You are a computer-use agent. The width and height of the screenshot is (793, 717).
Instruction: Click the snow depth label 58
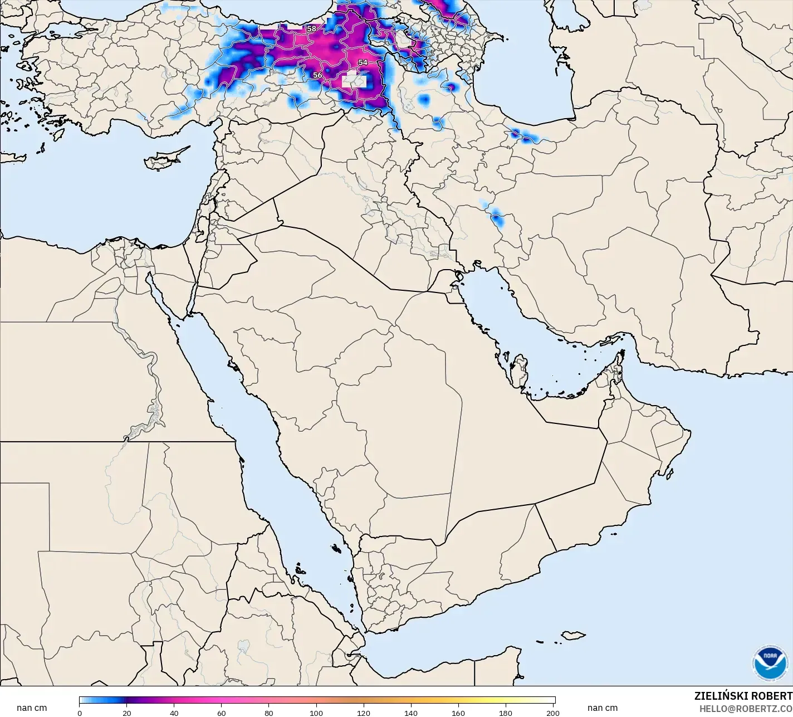[x=311, y=29]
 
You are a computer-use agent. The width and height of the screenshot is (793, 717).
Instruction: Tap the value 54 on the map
[x=363, y=62]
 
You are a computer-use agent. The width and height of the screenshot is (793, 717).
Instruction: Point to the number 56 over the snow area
[x=317, y=75]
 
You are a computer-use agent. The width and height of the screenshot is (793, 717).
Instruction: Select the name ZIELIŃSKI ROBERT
[x=743, y=696]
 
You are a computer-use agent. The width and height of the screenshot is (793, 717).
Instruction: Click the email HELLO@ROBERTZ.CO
[x=746, y=708]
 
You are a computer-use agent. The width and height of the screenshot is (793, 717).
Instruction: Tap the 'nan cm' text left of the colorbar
[x=32, y=708]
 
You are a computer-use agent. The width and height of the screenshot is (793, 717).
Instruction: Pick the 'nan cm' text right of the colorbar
[x=602, y=708]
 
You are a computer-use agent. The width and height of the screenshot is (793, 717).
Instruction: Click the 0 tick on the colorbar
[x=80, y=713]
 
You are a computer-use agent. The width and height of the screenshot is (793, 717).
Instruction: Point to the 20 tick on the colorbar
[x=127, y=713]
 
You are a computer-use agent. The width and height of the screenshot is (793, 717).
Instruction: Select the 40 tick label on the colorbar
[x=174, y=713]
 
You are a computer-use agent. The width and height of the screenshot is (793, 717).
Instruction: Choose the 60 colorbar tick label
[x=222, y=713]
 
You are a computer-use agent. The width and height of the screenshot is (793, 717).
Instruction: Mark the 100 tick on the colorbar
[x=316, y=713]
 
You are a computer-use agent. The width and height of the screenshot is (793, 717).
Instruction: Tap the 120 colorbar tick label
[x=364, y=713]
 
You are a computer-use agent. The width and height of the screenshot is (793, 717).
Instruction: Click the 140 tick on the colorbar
[x=411, y=713]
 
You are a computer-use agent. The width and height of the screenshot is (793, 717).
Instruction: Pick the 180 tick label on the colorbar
[x=506, y=713]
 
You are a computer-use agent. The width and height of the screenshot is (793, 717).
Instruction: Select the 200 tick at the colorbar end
[x=553, y=713]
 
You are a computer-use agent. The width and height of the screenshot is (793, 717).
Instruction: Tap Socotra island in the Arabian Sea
[x=573, y=636]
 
